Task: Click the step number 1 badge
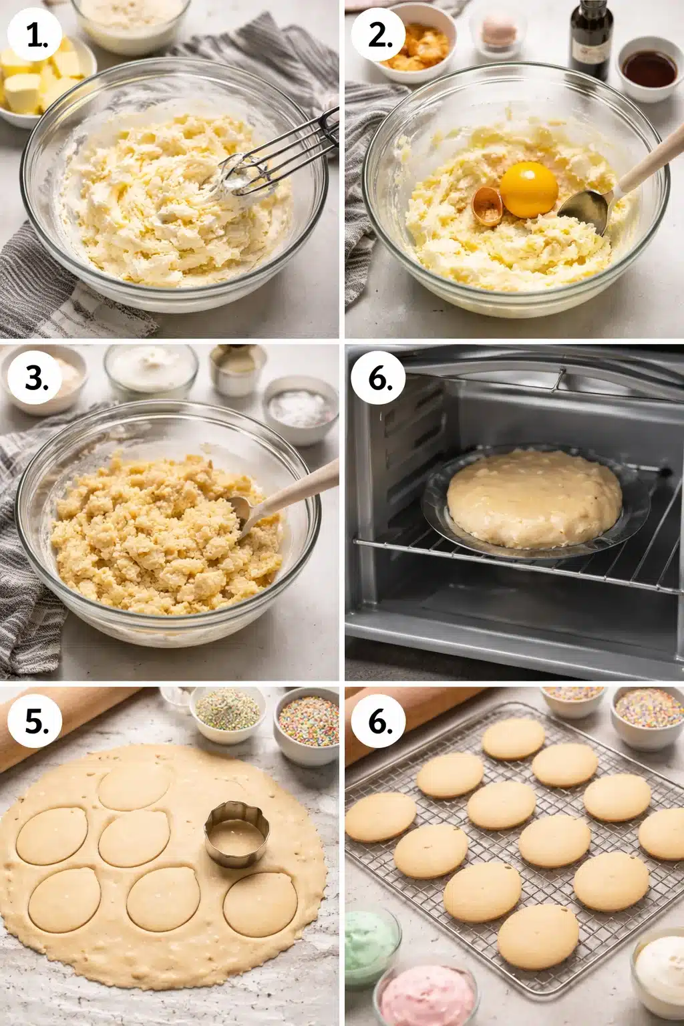pyautogui.click(x=37, y=37)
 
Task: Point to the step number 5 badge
pyautogui.click(x=37, y=723)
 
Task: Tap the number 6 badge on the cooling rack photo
pyautogui.click(x=380, y=723)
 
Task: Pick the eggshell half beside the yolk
pyautogui.click(x=488, y=206)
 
